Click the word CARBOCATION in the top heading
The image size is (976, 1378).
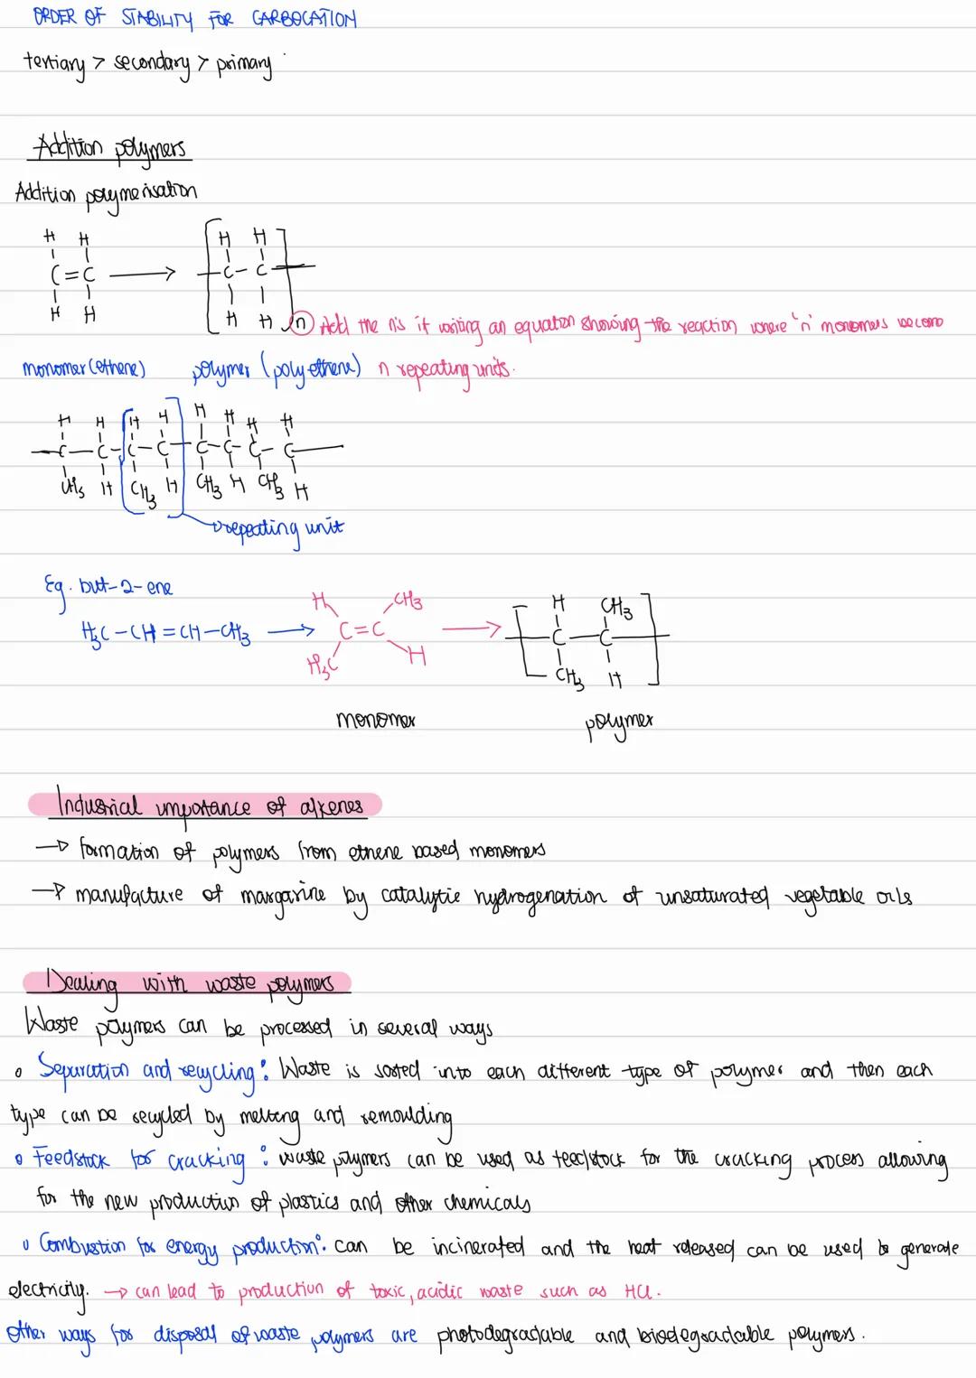(305, 18)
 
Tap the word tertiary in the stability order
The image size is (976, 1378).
(54, 64)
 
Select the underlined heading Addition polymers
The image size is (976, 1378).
(109, 147)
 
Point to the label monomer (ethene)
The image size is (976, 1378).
(84, 368)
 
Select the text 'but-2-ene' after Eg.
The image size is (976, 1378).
(126, 588)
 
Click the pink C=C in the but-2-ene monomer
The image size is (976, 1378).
(361, 630)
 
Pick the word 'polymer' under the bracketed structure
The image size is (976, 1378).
(620, 722)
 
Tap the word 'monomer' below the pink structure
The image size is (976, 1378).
(374, 721)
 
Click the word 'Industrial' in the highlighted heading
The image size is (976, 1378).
(99, 804)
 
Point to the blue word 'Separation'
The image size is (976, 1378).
(85, 1070)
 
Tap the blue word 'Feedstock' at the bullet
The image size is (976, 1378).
(71, 1158)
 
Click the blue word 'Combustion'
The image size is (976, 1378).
(83, 1246)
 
